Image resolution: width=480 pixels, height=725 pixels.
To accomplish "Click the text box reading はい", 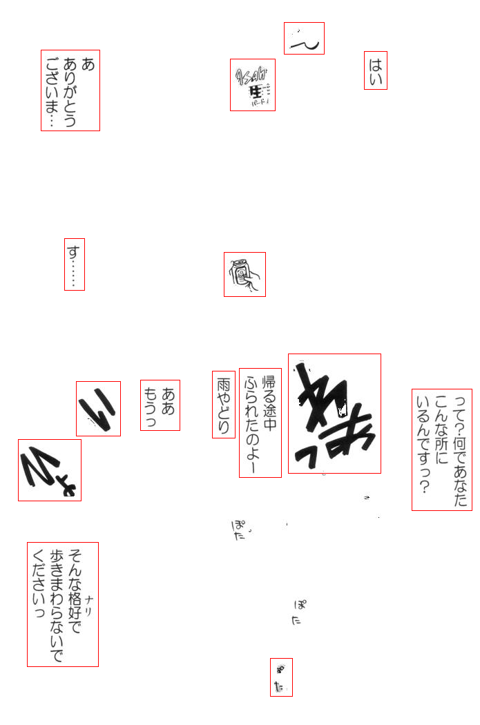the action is (376, 70).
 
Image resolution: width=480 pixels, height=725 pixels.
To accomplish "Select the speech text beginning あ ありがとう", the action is (70, 90).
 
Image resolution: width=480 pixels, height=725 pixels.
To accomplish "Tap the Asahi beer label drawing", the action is (253, 85).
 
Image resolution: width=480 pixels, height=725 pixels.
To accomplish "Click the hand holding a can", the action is (244, 274).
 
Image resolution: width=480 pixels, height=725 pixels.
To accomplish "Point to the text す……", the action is (75, 264).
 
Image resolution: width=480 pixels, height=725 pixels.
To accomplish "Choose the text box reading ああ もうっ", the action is (160, 405).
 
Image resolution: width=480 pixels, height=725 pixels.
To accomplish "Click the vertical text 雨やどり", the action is (224, 405).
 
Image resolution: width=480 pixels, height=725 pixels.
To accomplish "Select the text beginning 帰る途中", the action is (260, 423).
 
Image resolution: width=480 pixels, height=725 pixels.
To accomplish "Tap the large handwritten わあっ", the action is (334, 414).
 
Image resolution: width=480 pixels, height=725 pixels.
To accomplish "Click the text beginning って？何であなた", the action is (442, 449).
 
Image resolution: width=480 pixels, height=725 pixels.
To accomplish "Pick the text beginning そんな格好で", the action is (63, 604).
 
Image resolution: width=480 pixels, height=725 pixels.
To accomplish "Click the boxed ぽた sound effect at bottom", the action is (281, 677).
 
